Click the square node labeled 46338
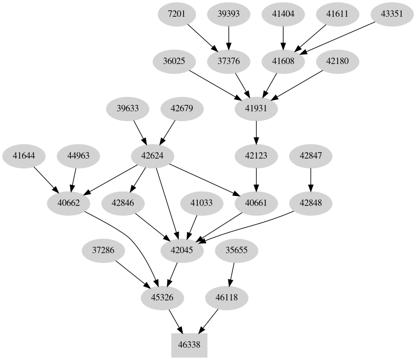click(x=189, y=345)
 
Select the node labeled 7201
click(x=177, y=14)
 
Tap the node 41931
click(x=256, y=108)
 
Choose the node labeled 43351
click(x=392, y=14)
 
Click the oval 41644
click(x=24, y=156)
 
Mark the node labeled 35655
click(x=237, y=250)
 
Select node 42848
click(x=310, y=203)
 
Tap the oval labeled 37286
click(x=103, y=250)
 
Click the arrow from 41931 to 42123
click(x=256, y=132)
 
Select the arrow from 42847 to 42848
click(x=310, y=179)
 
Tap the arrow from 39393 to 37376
click(x=228, y=37)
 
